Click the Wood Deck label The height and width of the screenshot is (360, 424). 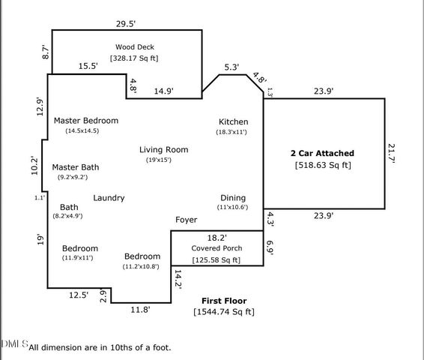(134, 46)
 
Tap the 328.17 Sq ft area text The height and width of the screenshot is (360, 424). (134, 58)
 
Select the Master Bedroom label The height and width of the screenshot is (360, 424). (86, 121)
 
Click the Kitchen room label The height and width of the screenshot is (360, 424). (233, 121)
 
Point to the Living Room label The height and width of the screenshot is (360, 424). (163, 149)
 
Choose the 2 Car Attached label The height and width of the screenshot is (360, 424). (322, 153)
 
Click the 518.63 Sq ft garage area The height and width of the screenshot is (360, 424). (323, 165)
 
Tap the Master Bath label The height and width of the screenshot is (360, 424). (75, 167)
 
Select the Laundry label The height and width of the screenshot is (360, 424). (109, 198)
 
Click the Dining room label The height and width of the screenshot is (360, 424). (232, 197)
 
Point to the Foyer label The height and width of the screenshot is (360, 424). (187, 220)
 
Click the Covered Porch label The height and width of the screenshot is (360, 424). (216, 247)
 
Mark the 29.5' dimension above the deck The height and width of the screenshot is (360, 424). (125, 23)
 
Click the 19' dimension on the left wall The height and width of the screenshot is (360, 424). (40, 240)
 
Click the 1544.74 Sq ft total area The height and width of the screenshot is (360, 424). (224, 310)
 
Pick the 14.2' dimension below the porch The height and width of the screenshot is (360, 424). (178, 278)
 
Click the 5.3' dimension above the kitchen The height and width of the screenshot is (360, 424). (231, 67)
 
